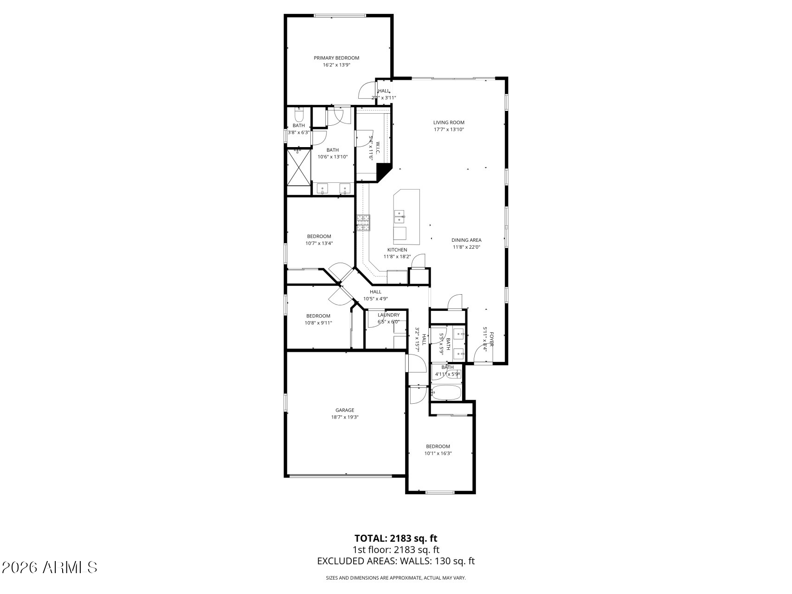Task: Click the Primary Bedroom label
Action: [x=336, y=58]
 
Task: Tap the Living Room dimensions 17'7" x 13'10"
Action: [x=449, y=129]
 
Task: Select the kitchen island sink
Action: [x=399, y=216]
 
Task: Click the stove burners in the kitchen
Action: [x=363, y=223]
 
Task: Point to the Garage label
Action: [x=345, y=410]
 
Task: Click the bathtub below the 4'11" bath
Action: [x=446, y=393]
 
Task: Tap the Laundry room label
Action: [x=388, y=315]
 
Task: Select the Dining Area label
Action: [x=466, y=240]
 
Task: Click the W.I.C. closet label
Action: [x=378, y=148]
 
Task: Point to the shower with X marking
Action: [x=298, y=167]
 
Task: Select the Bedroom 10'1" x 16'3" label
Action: [x=438, y=446]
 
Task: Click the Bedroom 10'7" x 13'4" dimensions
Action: [x=319, y=243]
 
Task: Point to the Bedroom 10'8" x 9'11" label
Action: [x=318, y=316]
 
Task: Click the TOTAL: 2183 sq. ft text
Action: [x=396, y=538]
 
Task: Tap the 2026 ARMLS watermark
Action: [x=49, y=567]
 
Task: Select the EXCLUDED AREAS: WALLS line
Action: [x=396, y=561]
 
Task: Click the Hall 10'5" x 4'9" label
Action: [x=375, y=292]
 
